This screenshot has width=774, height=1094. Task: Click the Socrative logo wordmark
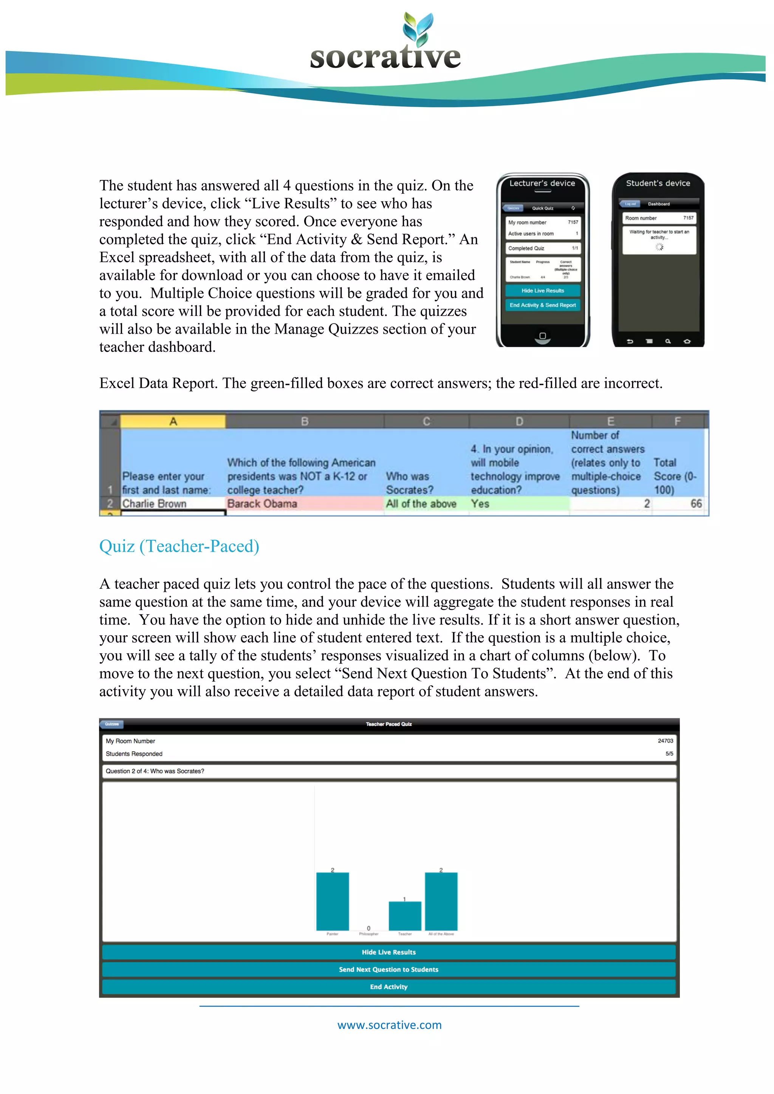click(x=385, y=57)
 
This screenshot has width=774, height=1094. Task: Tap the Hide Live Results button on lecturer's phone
click(x=542, y=290)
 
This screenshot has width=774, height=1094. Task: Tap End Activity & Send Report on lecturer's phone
click(x=542, y=305)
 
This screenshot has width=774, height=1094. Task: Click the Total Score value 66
click(x=695, y=504)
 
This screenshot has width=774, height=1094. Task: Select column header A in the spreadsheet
click(x=173, y=421)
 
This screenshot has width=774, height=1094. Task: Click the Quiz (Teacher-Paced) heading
click(x=179, y=546)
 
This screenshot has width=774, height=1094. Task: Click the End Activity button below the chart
click(x=389, y=987)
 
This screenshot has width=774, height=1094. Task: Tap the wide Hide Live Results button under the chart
click(x=389, y=952)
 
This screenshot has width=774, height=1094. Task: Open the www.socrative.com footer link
click(x=389, y=1025)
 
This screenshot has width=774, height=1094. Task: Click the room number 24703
click(x=665, y=741)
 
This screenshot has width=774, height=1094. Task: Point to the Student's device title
click(x=658, y=183)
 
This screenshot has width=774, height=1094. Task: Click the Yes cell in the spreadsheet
click(x=480, y=504)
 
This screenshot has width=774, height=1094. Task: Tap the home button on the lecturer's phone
click(x=542, y=336)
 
